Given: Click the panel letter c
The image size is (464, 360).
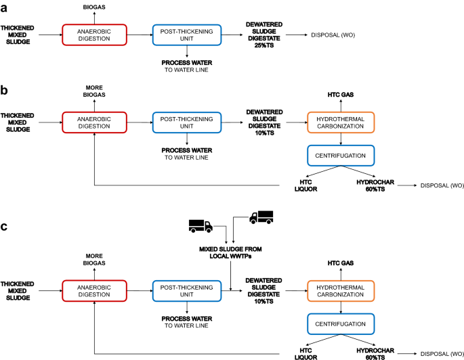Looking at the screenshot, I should point(5,225).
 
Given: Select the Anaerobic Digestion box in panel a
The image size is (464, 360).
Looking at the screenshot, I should point(94,34).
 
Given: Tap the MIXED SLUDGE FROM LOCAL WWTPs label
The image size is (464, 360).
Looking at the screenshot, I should point(230,252).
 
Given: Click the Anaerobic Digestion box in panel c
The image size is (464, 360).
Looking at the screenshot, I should point(94,290).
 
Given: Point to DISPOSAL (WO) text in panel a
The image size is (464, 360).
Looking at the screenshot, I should point(334,34).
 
